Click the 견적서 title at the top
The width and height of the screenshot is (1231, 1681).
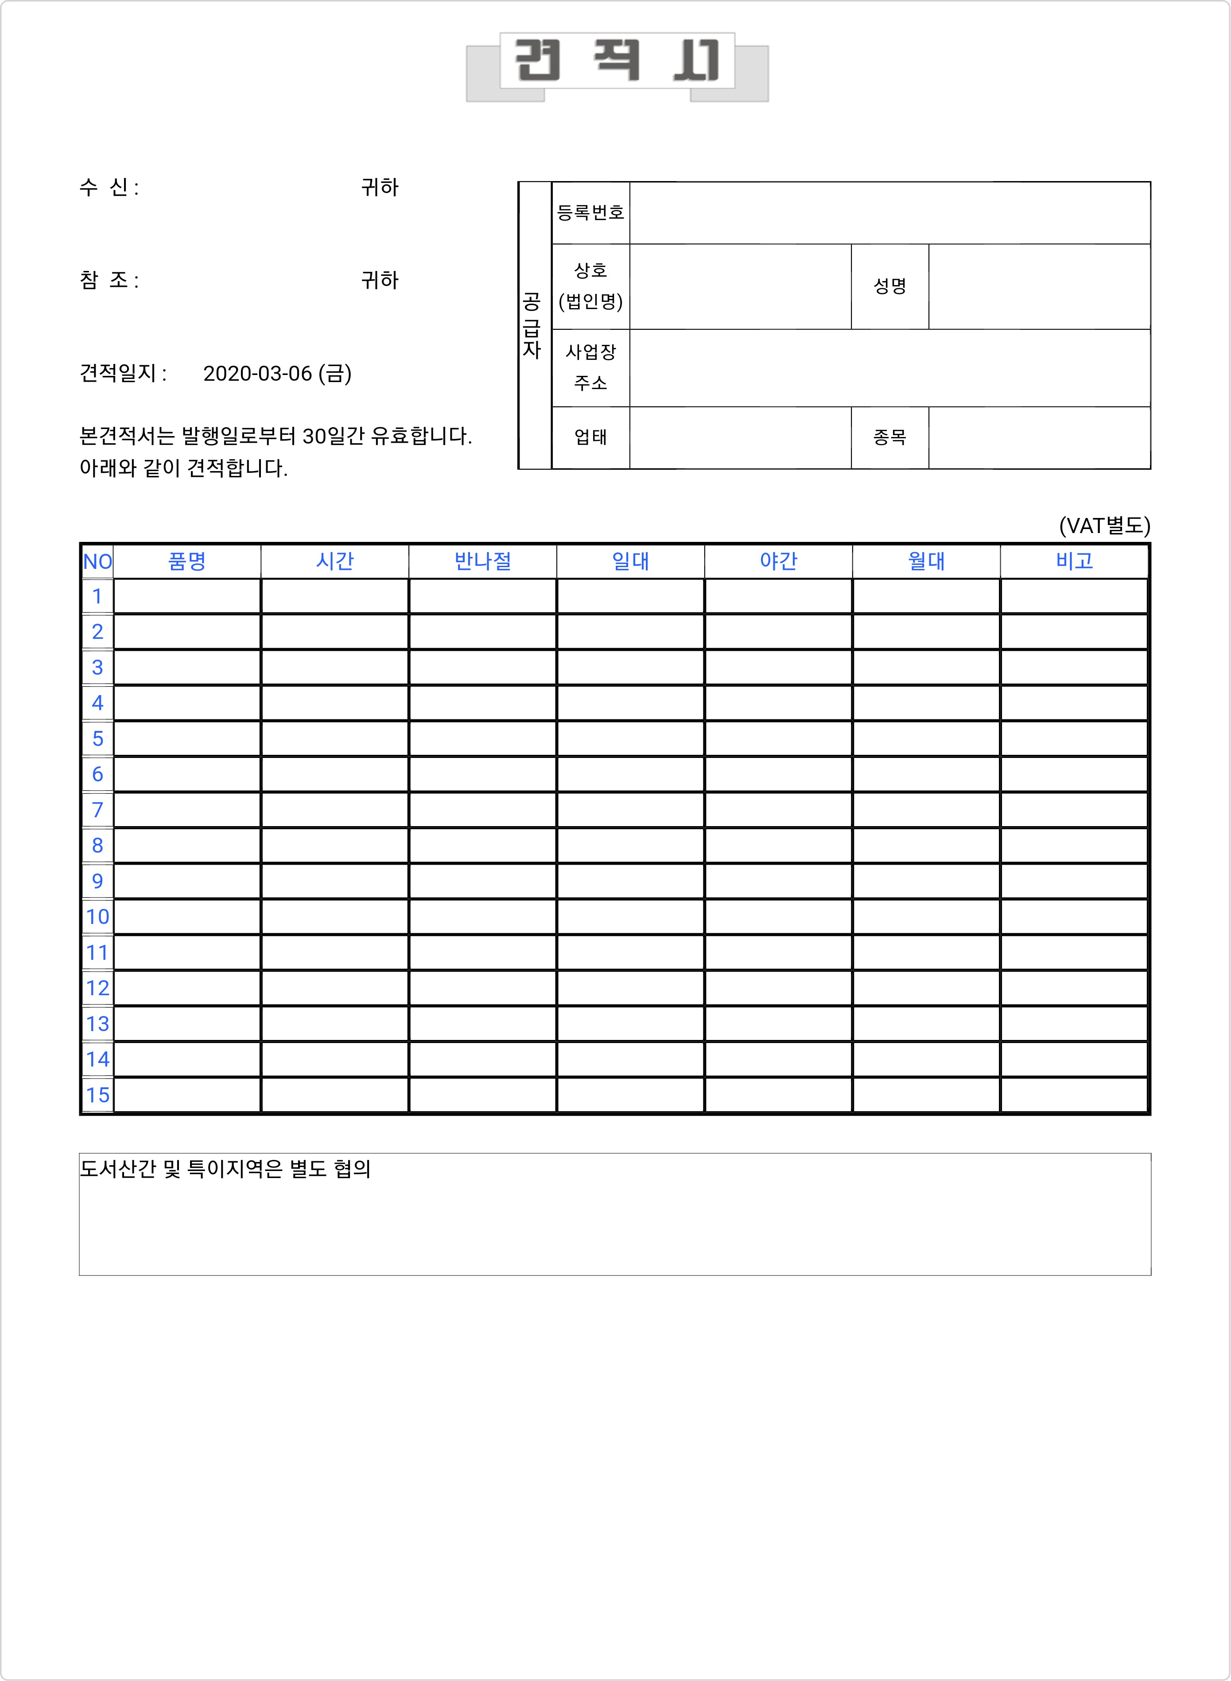pyautogui.click(x=617, y=61)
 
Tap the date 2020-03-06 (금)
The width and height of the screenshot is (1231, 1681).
pyautogui.click(x=277, y=373)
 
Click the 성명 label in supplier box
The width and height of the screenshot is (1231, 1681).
pyautogui.click(x=890, y=286)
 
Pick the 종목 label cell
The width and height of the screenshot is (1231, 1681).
pyautogui.click(x=890, y=437)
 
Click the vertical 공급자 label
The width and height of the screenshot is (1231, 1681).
pyautogui.click(x=531, y=325)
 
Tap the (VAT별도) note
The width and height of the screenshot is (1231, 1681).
pyautogui.click(x=1104, y=526)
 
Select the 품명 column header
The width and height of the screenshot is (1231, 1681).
pyautogui.click(x=187, y=561)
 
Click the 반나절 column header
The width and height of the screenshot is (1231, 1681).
pyautogui.click(x=483, y=561)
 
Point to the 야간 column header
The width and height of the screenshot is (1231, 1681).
pyautogui.click(x=779, y=561)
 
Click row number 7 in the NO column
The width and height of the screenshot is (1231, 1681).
pyautogui.click(x=97, y=810)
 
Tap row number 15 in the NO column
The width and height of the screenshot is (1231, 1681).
pyautogui.click(x=97, y=1095)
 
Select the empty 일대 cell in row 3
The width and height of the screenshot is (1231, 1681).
pyautogui.click(x=630, y=667)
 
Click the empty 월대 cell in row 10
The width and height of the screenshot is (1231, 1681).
pyautogui.click(x=926, y=917)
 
